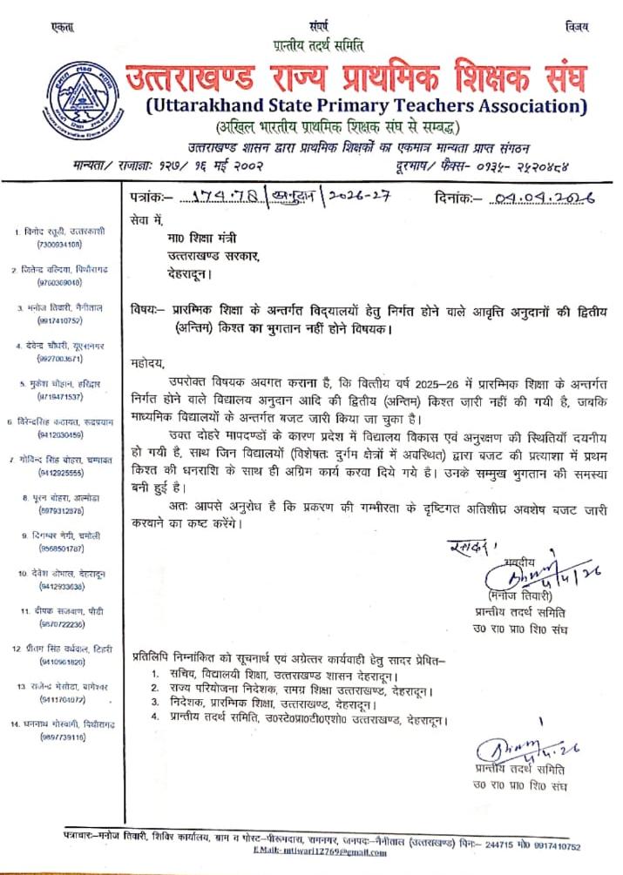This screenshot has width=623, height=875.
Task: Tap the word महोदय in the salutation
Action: coord(146,363)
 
